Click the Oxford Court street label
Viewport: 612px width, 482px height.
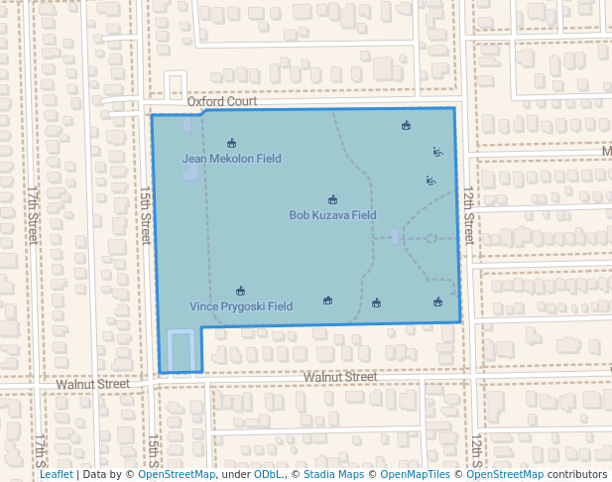pyautogui.click(x=222, y=101)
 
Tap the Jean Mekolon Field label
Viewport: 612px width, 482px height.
pyautogui.click(x=231, y=159)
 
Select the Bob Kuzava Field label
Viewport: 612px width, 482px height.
pyautogui.click(x=332, y=214)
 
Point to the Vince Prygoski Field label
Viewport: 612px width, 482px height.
pyautogui.click(x=241, y=306)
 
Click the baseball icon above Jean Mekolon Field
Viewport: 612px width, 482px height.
pyautogui.click(x=231, y=143)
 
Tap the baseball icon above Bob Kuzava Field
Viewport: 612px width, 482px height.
pyautogui.click(x=332, y=199)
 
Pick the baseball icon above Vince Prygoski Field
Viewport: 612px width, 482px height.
pyautogui.click(x=240, y=291)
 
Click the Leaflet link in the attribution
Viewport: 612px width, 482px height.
pyautogui.click(x=56, y=474)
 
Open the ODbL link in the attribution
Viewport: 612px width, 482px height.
pyautogui.click(x=267, y=474)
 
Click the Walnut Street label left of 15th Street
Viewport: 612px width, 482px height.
pyautogui.click(x=93, y=383)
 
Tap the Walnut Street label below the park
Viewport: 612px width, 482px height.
pyautogui.click(x=340, y=377)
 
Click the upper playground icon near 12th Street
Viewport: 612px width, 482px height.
pyautogui.click(x=437, y=152)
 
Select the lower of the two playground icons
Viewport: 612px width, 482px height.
pyautogui.click(x=430, y=181)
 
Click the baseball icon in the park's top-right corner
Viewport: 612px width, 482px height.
pyautogui.click(x=406, y=126)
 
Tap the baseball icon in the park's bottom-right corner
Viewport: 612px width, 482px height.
pyautogui.click(x=437, y=302)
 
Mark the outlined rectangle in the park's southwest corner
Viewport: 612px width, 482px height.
pyautogui.click(x=180, y=350)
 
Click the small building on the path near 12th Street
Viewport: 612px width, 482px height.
pyautogui.click(x=397, y=238)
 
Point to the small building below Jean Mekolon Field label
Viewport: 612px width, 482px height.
pyautogui.click(x=188, y=174)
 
